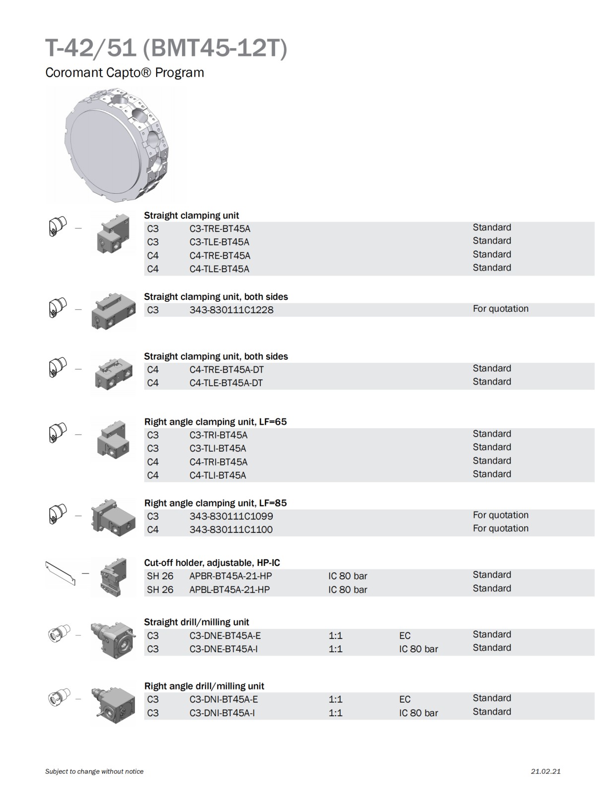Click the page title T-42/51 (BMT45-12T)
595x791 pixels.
pyautogui.click(x=166, y=49)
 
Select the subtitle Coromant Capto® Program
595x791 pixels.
pyautogui.click(x=124, y=72)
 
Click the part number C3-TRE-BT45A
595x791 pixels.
pyautogui.click(x=220, y=228)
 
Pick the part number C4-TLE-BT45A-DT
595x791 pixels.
pyautogui.click(x=226, y=383)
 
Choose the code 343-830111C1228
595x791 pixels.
pyautogui.click(x=231, y=310)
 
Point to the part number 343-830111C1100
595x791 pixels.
pyautogui.click(x=231, y=529)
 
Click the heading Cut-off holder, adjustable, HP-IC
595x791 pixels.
pyautogui.click(x=212, y=563)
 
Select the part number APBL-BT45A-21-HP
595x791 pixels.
pyautogui.click(x=230, y=589)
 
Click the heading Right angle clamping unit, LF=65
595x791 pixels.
pyautogui.click(x=215, y=422)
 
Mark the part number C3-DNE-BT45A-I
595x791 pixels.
pyautogui.click(x=223, y=649)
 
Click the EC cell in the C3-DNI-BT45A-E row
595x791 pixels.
pyautogui.click(x=405, y=699)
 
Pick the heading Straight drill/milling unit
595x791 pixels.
pyautogui.click(x=196, y=622)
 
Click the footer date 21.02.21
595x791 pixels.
pyautogui.click(x=545, y=771)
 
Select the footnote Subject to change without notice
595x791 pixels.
pyautogui.click(x=94, y=771)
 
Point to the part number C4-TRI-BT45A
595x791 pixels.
pyautogui.click(x=218, y=462)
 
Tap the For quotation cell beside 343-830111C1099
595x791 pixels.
pyautogui.click(x=500, y=515)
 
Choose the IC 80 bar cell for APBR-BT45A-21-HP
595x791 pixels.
pyautogui.click(x=348, y=576)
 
